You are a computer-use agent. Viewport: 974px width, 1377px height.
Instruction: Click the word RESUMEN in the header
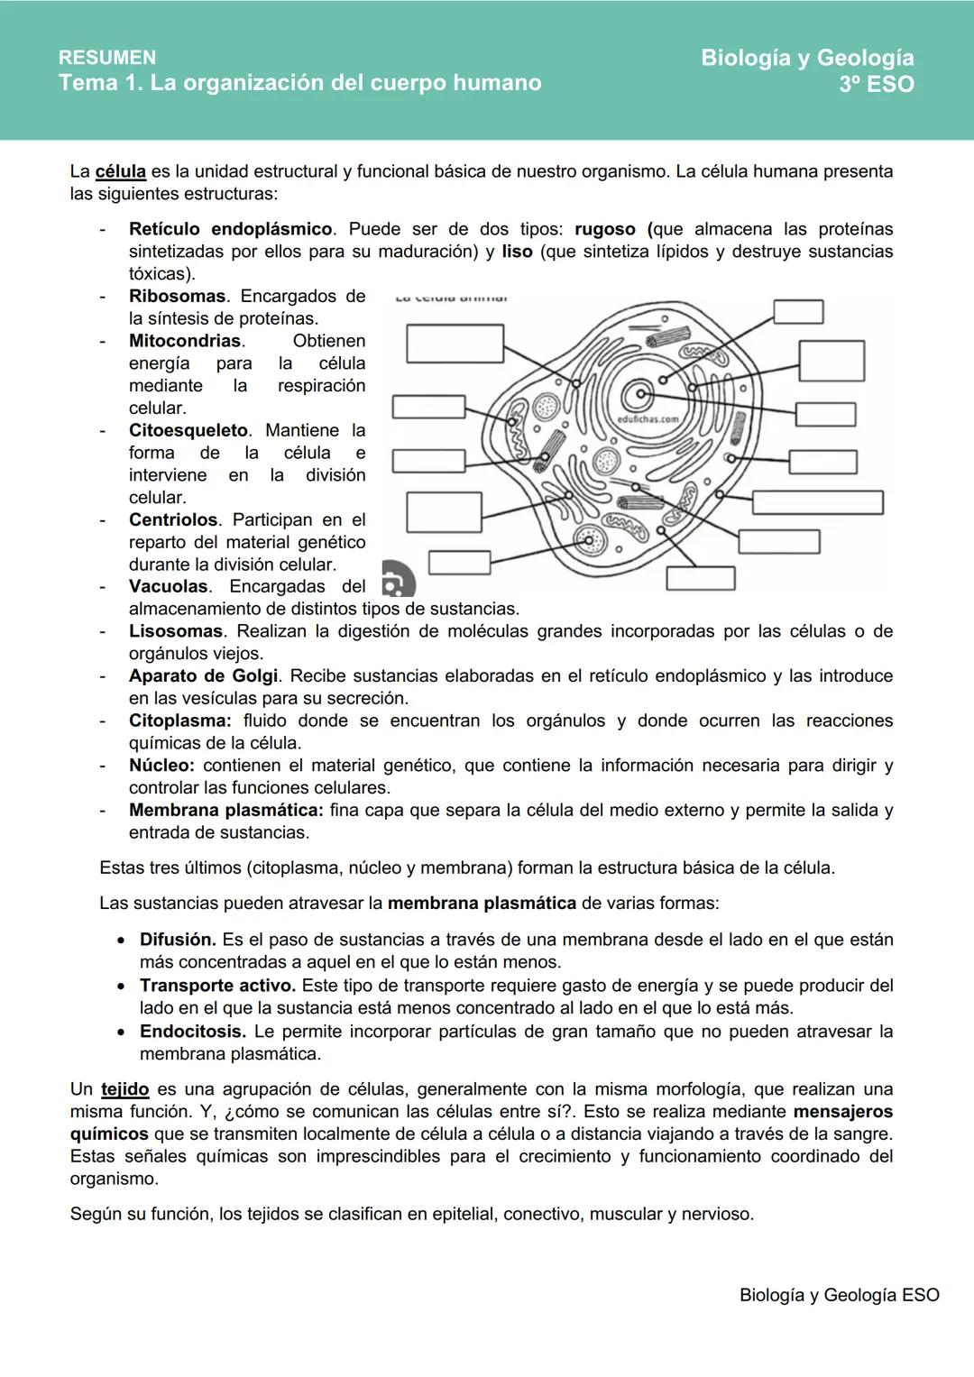click(106, 58)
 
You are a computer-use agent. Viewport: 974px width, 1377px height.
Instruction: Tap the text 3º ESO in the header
click(876, 85)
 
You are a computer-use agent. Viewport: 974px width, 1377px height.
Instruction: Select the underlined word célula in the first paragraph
click(120, 171)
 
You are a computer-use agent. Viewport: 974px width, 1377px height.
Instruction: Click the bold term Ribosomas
click(177, 296)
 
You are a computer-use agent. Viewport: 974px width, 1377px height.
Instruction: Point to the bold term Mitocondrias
click(185, 341)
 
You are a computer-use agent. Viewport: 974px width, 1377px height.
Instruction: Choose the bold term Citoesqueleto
click(188, 430)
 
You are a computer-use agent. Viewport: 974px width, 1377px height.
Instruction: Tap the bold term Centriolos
click(173, 519)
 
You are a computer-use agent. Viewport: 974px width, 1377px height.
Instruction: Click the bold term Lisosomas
click(175, 631)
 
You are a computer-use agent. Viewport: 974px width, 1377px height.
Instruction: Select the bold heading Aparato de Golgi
click(203, 675)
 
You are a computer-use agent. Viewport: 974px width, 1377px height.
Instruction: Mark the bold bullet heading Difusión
click(177, 940)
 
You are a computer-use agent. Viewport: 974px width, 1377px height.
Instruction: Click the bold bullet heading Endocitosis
click(192, 1031)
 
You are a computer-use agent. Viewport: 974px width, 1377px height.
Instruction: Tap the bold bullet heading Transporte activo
click(217, 986)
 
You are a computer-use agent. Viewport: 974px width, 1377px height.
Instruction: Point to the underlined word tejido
click(124, 1089)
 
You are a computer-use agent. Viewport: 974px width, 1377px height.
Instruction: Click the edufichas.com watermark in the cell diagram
click(648, 419)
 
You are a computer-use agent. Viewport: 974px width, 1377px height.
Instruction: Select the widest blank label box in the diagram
click(817, 502)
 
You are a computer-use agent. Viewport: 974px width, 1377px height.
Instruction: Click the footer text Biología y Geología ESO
click(839, 1295)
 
